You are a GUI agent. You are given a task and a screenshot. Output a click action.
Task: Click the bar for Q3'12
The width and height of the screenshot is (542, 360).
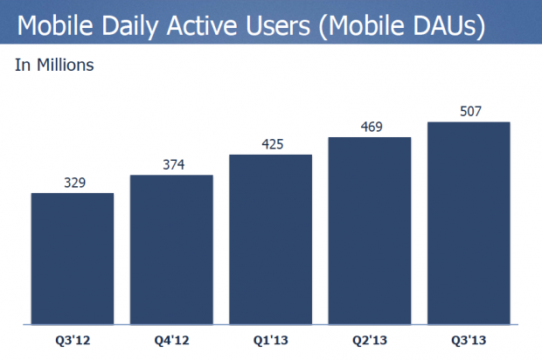(x=73, y=258)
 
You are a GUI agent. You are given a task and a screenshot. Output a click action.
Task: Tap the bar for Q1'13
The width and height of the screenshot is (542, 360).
(x=270, y=239)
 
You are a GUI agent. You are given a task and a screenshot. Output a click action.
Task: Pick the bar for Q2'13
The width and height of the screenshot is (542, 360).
(x=369, y=230)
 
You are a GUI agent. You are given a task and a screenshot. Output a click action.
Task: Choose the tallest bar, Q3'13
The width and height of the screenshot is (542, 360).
(x=469, y=222)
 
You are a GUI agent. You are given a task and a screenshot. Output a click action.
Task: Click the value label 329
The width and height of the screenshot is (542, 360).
(x=73, y=183)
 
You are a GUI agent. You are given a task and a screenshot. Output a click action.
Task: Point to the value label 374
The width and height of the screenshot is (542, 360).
(x=171, y=165)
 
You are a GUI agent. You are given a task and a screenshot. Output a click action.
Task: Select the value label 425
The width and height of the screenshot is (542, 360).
(x=270, y=144)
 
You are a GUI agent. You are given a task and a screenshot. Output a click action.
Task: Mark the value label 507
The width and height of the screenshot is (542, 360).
(x=469, y=111)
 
